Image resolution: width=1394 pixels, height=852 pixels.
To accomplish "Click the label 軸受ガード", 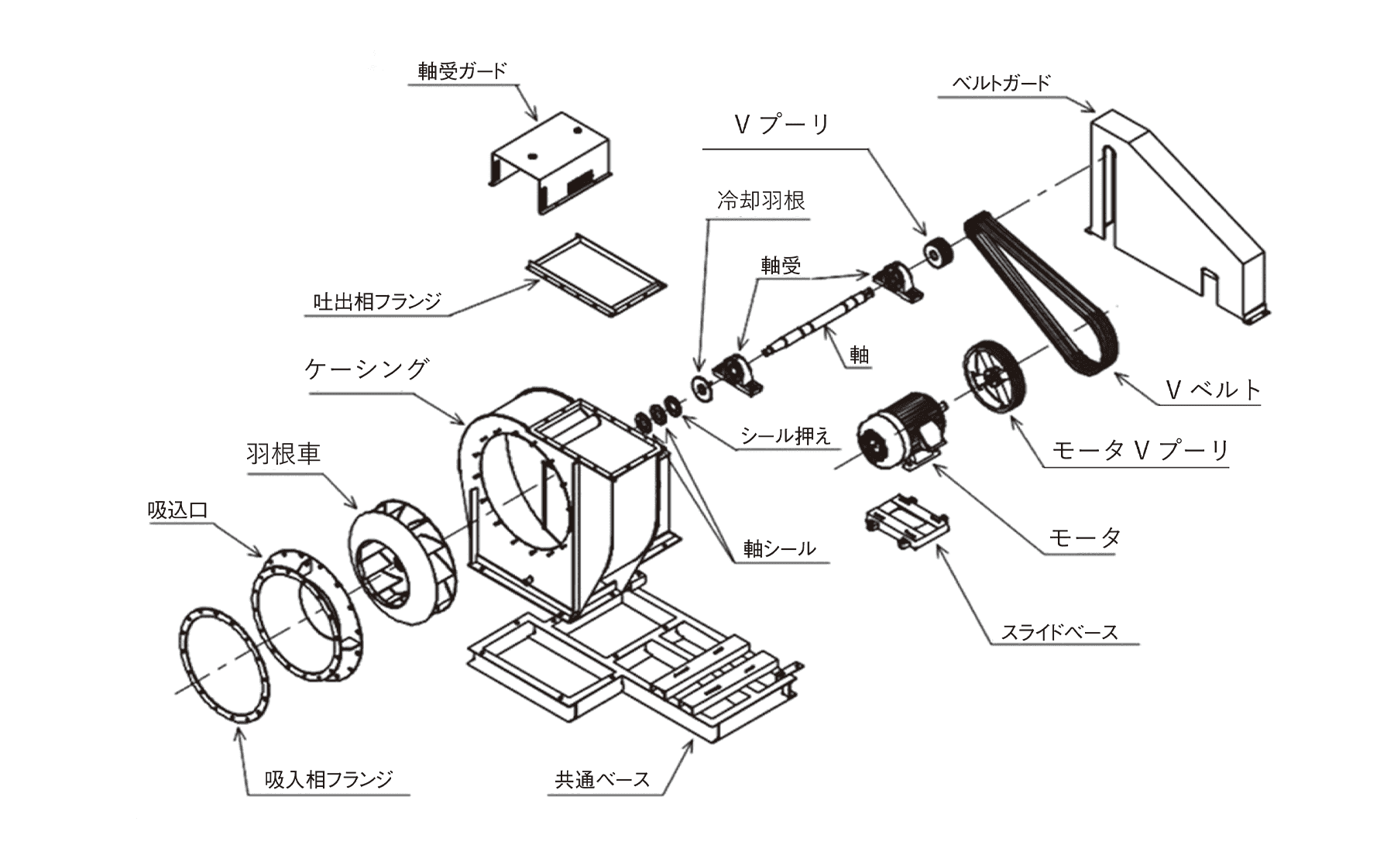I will [x=462, y=71].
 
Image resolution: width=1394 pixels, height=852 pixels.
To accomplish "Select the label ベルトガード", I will [x=1001, y=83].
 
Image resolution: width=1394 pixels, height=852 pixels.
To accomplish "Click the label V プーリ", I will [x=781, y=125].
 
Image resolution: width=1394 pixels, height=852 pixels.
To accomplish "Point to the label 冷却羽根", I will [x=761, y=201].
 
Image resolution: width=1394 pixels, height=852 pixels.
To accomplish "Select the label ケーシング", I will [x=366, y=369].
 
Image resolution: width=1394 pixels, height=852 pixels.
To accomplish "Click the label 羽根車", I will [x=283, y=453].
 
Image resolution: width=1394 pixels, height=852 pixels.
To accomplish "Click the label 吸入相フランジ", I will [x=329, y=779].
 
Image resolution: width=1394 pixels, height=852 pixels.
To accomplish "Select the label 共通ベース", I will [x=602, y=779].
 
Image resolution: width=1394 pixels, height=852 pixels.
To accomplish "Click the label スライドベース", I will [x=1059, y=632].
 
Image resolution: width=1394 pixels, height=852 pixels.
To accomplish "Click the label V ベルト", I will [x=1213, y=390].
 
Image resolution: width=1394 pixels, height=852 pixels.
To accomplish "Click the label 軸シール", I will [x=779, y=548].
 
